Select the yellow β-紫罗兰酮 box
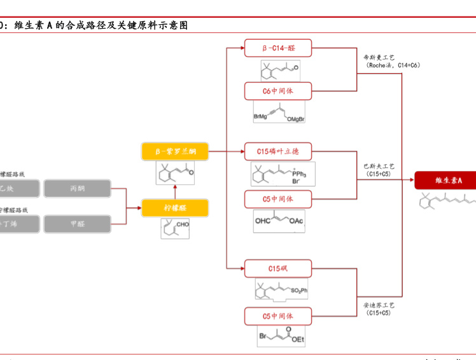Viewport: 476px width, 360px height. click(175, 151)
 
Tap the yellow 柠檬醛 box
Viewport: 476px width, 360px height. click(175, 207)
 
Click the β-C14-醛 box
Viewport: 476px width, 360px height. click(278, 48)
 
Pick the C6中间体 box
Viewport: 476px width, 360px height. click(278, 91)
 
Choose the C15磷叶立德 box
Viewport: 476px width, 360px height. click(278, 151)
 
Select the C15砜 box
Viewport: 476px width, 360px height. click(278, 268)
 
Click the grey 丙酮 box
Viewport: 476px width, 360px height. click(77, 188)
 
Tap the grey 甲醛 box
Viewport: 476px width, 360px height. click(77, 224)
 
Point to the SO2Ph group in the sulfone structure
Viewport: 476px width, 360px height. click(299, 291)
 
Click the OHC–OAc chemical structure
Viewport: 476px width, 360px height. click(279, 221)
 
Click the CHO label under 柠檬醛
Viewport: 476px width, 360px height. click(183, 225)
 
